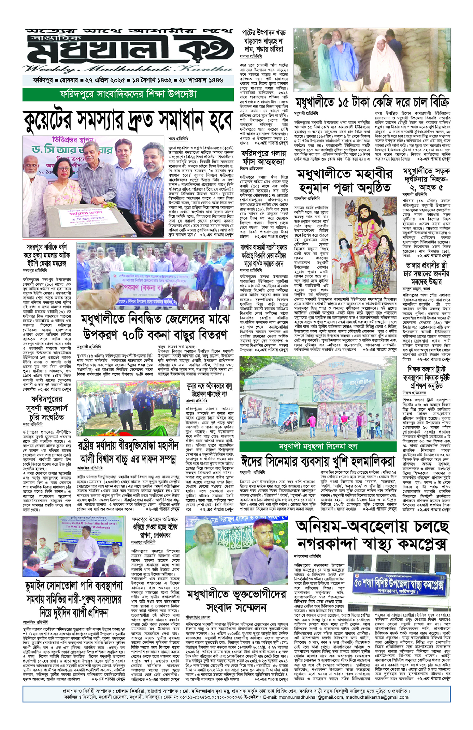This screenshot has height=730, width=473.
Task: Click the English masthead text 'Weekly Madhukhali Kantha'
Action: pos(128,69)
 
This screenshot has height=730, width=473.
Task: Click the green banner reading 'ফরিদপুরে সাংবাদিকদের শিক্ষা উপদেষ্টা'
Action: pos(128,94)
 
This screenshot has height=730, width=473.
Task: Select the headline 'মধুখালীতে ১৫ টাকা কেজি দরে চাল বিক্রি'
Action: pos(372,102)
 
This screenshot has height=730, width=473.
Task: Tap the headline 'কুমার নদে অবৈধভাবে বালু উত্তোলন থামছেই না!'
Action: pos(209,390)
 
